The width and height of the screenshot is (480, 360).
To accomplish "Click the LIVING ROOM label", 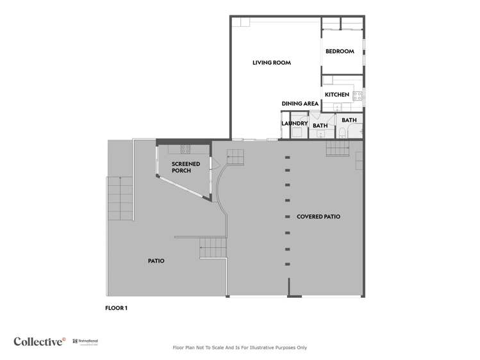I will (271, 63).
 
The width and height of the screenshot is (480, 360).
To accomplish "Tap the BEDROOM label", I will (339, 51).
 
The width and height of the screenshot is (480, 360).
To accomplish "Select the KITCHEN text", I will (336, 95).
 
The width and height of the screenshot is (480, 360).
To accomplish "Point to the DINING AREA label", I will (300, 104).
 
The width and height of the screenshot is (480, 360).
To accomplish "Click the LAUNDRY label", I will (295, 124).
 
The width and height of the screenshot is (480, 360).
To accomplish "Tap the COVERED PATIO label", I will (318, 217).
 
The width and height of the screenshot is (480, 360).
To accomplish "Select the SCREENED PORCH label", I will (186, 168).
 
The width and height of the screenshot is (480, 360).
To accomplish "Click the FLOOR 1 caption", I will (116, 308).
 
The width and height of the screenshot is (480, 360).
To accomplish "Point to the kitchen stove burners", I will (357, 96).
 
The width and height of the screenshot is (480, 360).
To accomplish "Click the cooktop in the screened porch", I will (185, 149).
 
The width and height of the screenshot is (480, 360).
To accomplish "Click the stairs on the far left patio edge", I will (120, 199).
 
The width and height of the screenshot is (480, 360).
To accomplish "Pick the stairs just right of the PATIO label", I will (213, 247).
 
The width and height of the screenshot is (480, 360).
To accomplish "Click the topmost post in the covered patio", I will (287, 158).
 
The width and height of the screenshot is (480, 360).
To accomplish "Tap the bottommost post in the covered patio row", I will (287, 265).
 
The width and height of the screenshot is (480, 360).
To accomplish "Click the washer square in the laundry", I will (297, 133).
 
